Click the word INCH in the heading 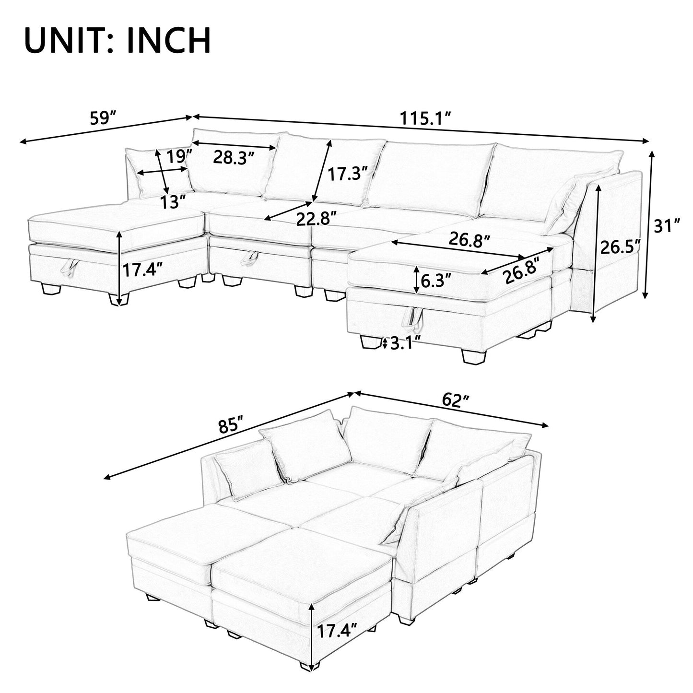(x=169, y=41)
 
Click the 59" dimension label (x=103, y=118)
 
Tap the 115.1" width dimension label (x=426, y=118)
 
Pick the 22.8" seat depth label (x=316, y=219)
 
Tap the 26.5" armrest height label (x=620, y=248)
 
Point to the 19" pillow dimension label (x=179, y=155)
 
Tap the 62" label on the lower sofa (x=455, y=400)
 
